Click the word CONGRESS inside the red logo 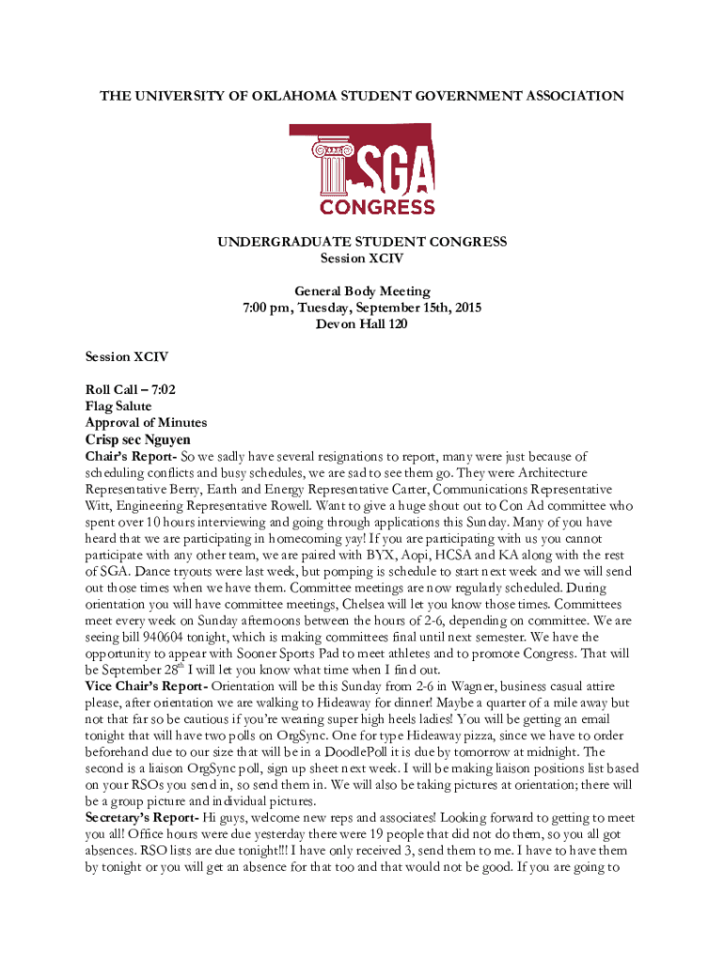(x=377, y=206)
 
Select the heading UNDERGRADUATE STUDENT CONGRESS (x=362, y=242)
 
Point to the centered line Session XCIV (x=362, y=258)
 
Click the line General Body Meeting (x=362, y=292)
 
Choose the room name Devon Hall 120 (x=362, y=324)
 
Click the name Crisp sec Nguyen (x=138, y=439)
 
